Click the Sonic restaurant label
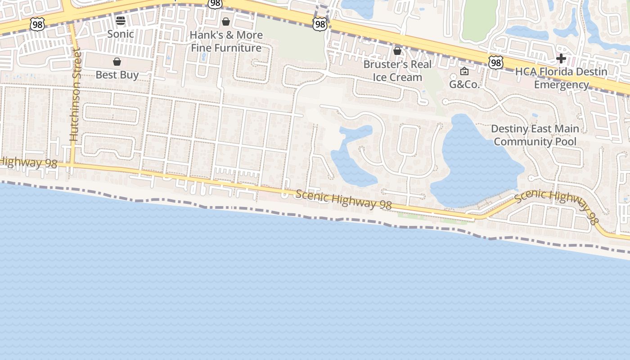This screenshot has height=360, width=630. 120,34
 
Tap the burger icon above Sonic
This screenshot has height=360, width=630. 120,20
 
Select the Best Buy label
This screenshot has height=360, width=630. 117,75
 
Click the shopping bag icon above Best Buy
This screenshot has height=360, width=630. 117,62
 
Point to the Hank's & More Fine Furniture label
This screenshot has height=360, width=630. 226,41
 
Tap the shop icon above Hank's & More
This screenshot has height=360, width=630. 226,22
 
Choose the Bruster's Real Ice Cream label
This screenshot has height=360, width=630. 397,71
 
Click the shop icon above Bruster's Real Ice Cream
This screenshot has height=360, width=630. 397,51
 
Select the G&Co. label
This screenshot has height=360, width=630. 464,84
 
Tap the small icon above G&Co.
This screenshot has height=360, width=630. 464,71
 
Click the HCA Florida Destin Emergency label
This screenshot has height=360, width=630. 561,78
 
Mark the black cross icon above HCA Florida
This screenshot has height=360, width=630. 561,58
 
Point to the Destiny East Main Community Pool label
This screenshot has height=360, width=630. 535,135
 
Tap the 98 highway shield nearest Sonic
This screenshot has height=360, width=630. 37,24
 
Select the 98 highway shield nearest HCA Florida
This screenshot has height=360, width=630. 496,62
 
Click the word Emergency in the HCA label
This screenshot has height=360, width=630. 561,85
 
